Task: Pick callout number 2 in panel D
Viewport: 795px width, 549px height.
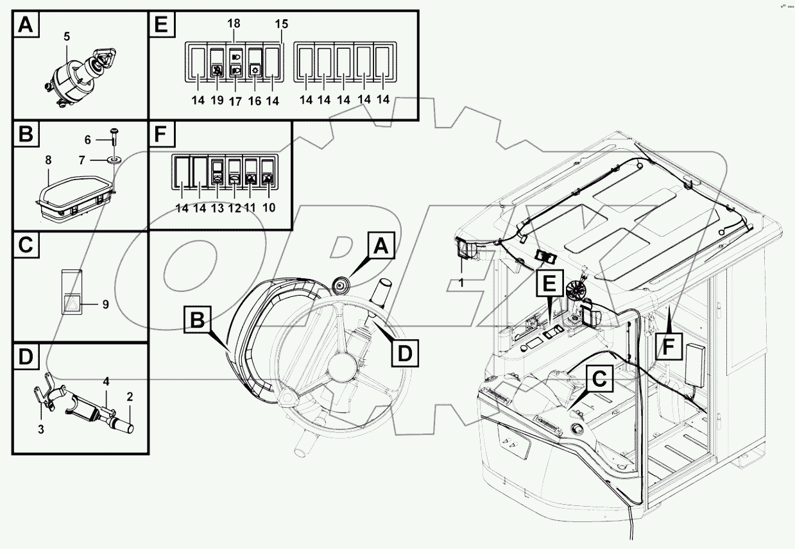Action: pos(130,397)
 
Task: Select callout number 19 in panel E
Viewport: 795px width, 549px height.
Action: pos(217,100)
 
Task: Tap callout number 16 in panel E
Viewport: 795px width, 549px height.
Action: pos(254,100)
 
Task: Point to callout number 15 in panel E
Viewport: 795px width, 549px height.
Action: pos(282,24)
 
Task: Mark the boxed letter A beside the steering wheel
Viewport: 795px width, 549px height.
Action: pos(380,245)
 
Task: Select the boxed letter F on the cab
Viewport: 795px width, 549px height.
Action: pos(668,346)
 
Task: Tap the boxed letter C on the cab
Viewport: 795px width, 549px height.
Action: pos(597,380)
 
